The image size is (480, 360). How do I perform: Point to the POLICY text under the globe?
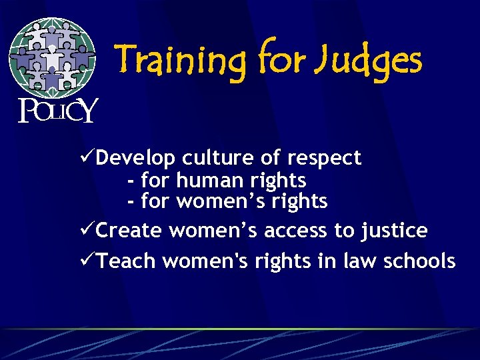click(x=57, y=109)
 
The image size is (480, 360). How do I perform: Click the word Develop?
click(x=136, y=159)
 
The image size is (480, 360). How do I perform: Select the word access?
click(x=295, y=231)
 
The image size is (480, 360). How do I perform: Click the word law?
click(x=360, y=261)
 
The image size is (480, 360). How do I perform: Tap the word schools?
click(x=420, y=261)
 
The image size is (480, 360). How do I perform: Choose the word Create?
click(x=129, y=231)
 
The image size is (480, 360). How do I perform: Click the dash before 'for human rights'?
click(x=130, y=181)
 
